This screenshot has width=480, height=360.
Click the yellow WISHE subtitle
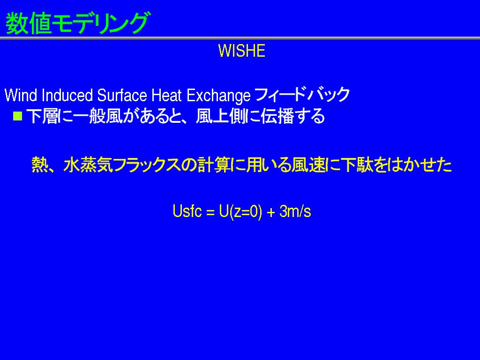tap(241, 51)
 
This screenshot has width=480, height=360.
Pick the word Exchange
tap(218, 96)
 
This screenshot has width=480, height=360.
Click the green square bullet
tap(18, 116)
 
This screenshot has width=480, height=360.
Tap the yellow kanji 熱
tap(39, 165)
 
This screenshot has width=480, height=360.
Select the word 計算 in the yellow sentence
tap(214, 165)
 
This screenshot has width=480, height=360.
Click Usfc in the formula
tap(187, 211)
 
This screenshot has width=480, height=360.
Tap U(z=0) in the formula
tap(240, 211)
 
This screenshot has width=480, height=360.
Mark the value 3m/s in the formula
tap(295, 211)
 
